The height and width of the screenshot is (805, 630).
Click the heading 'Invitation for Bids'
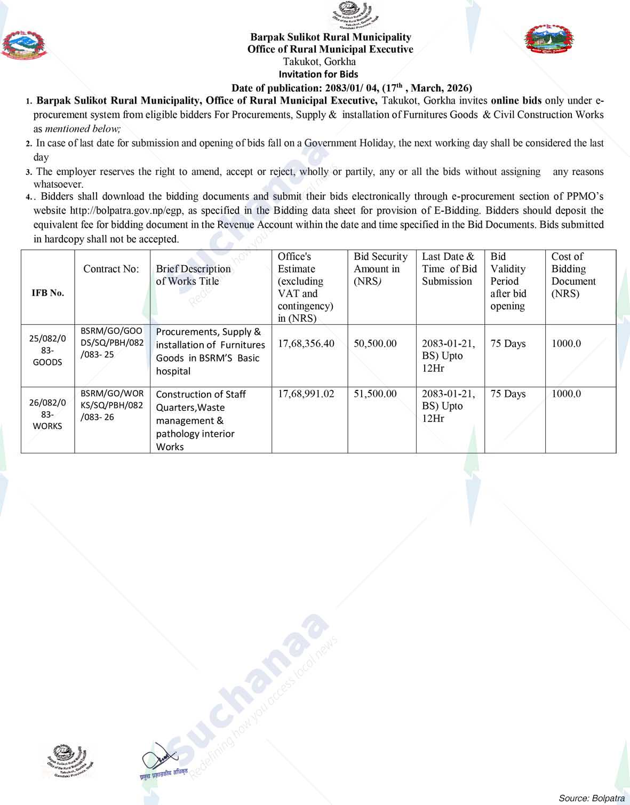coord(318,74)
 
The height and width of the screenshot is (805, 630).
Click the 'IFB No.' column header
coord(48,292)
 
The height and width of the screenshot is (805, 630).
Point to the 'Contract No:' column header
coord(111,269)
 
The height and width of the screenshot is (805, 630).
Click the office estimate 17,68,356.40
coord(306,344)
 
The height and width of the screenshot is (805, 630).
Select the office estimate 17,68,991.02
coord(306,394)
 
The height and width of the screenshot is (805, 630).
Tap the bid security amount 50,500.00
coord(375,344)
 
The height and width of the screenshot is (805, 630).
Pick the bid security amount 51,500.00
coord(375,394)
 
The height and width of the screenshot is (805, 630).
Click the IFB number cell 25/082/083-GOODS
coord(47,350)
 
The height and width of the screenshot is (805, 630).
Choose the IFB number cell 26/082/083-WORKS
coord(47,414)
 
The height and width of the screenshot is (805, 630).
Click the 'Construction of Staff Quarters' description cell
coord(201,420)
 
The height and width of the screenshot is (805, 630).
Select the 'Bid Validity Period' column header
coord(508,281)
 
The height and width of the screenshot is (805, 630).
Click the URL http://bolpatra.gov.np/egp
coord(127,210)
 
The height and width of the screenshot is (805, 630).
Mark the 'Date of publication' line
coord(352,88)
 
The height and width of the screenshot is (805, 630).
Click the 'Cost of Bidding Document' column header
coord(573,275)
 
